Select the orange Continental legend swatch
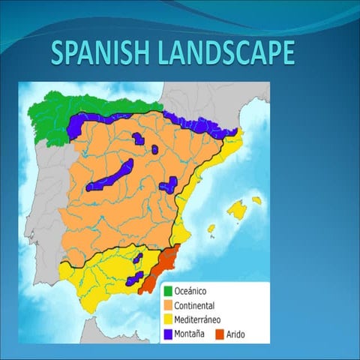point(168,305)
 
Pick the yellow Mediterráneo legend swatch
point(168,319)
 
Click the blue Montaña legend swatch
point(168,334)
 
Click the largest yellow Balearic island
point(239,209)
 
